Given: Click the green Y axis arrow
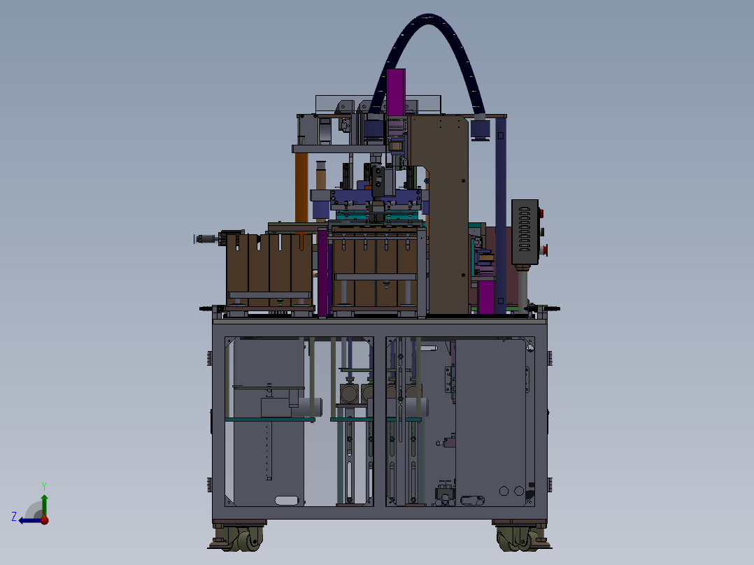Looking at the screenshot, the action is click(44, 505).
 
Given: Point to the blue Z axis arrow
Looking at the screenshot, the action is click(30, 520).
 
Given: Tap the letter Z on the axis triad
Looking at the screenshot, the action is click(14, 517).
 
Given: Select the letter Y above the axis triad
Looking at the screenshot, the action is click(44, 486).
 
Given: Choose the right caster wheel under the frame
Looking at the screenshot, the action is click(521, 538).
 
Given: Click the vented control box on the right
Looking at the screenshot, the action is click(525, 231).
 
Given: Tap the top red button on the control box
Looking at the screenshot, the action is click(541, 213).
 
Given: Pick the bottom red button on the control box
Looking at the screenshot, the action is click(544, 250).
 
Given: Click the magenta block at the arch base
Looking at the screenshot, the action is click(396, 92).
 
